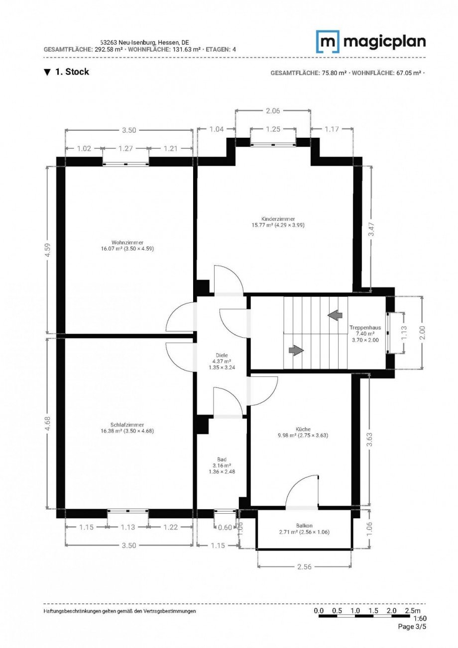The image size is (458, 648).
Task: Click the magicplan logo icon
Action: [x=328, y=41]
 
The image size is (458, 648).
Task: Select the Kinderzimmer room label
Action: [x=278, y=219]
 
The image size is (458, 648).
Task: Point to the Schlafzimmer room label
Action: [x=127, y=425]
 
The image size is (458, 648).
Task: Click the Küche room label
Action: [x=303, y=429]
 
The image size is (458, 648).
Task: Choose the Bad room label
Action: [x=222, y=460]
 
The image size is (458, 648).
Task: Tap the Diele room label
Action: [x=222, y=356]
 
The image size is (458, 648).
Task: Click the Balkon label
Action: [x=304, y=526]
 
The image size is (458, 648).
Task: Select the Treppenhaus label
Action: [x=365, y=328]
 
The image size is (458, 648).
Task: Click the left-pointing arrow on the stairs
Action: [x=335, y=314]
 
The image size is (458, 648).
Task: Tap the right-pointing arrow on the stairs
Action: [x=296, y=350]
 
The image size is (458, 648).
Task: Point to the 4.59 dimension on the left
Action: [x=47, y=250]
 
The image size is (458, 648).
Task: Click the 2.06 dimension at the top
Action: [x=273, y=111]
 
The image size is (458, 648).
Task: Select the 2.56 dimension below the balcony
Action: [x=304, y=566]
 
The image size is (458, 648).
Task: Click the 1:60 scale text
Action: [x=419, y=619]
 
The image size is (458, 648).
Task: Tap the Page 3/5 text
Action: [x=412, y=627]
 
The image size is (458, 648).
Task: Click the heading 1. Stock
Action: [x=72, y=72]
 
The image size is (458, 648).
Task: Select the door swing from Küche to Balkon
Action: [x=303, y=491]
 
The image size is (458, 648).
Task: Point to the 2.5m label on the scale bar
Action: [x=413, y=611]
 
